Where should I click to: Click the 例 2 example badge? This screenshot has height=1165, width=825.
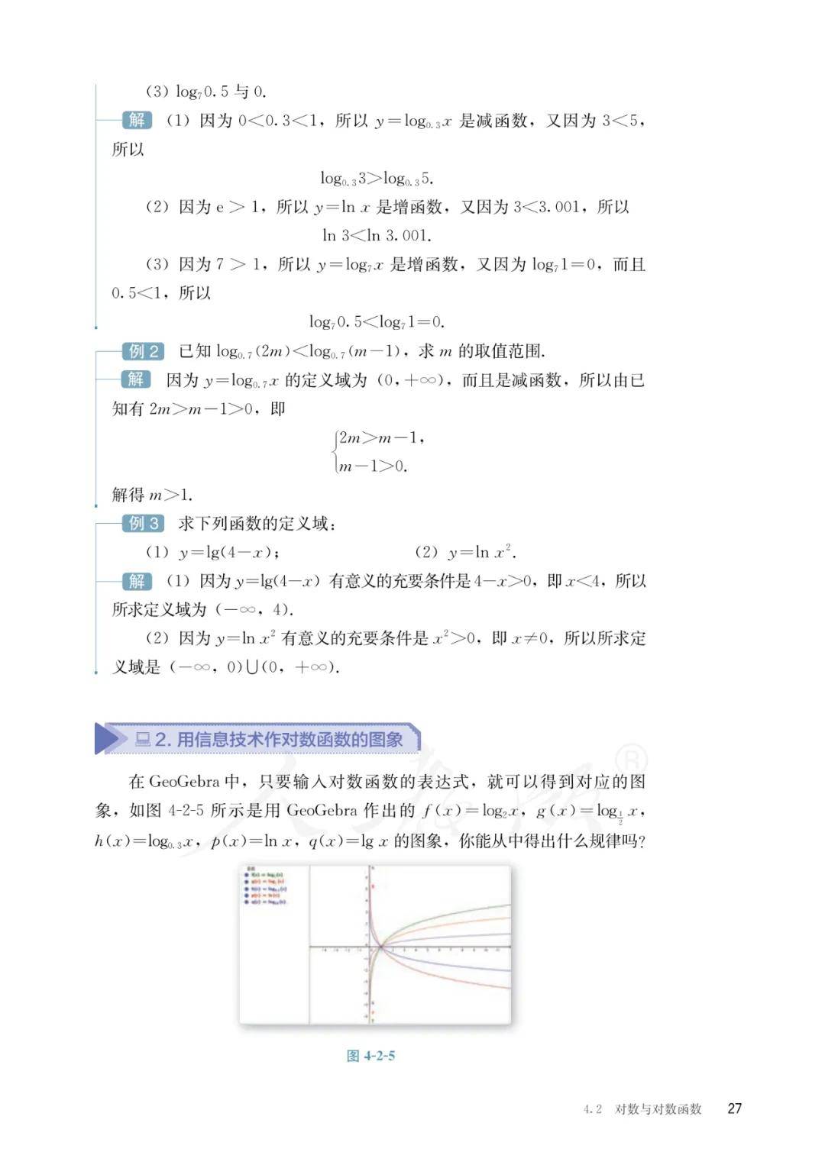143,351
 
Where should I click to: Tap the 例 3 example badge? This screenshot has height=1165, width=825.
143,524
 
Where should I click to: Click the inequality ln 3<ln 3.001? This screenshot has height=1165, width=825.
377,236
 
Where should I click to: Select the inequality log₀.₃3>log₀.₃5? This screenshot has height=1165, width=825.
377,179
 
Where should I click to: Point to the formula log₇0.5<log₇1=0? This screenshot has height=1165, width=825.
377,322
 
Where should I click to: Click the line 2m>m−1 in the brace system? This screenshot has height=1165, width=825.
380,438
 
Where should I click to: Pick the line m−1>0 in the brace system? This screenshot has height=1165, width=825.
373,466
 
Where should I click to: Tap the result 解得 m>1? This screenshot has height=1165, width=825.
152,495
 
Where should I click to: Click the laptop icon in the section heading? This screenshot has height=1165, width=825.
143,739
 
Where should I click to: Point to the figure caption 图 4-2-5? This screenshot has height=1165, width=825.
370,1056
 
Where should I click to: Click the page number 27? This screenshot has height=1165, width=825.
734,1109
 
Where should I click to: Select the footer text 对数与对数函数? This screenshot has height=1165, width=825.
658,1109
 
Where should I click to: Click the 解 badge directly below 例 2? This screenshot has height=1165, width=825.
137,380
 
